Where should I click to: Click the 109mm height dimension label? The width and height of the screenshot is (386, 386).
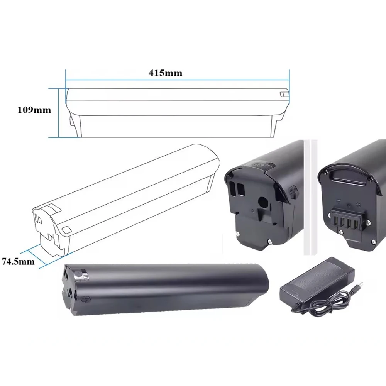[34, 110]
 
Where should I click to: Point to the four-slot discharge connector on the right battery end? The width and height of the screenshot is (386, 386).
[347, 222]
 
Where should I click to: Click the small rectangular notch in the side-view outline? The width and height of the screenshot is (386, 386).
[284, 93]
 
